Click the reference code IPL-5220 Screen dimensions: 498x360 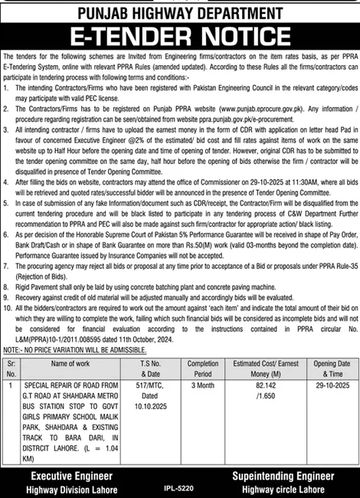pyautogui.click(x=179, y=486)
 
